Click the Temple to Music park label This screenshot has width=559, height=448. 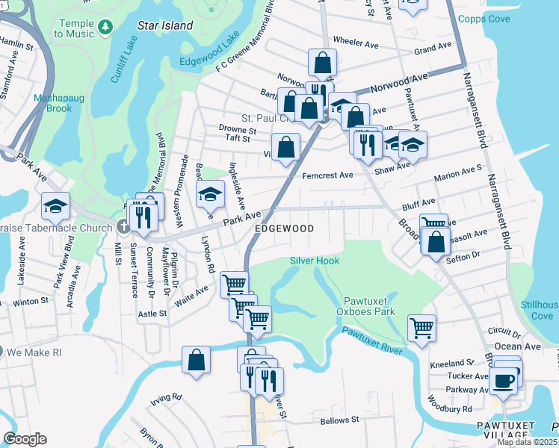pos(74,28)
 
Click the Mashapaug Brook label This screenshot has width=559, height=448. pos(53,103)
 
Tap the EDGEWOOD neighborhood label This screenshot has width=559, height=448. pos(283,228)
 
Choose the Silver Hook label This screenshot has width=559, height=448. pos(315,261)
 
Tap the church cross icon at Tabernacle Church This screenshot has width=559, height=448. pos(123,225)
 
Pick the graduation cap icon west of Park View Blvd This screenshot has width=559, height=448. pos(55,205)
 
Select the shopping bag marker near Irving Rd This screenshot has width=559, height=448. pos(195,361)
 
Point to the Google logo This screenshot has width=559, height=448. pos(25,439)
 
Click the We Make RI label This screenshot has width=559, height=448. pos(31,352)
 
